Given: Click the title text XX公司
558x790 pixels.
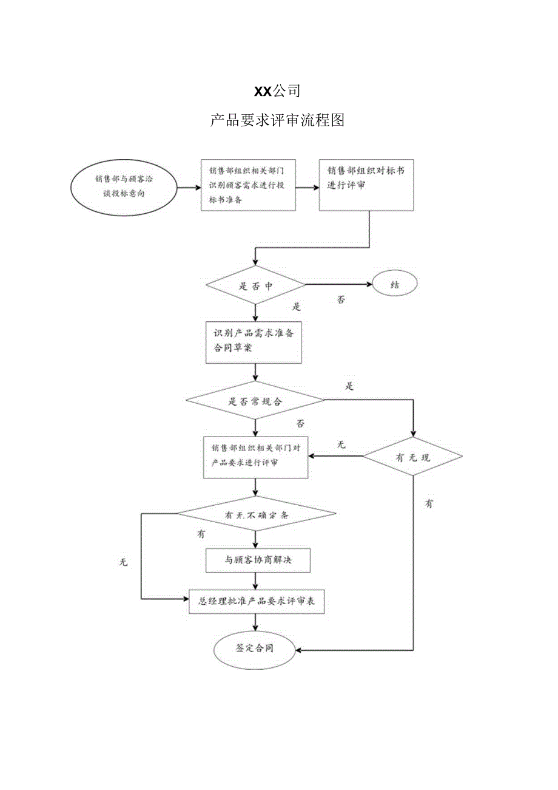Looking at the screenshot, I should point(277,91).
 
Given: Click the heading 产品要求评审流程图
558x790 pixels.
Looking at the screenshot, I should point(277,120).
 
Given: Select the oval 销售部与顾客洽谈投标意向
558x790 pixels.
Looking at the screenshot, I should point(124,186).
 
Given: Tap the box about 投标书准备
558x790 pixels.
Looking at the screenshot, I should point(248,185).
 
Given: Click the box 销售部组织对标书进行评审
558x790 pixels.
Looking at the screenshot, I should point(368,185).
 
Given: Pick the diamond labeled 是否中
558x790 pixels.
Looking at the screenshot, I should point(255,285).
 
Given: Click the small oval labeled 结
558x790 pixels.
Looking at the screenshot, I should point(394,284).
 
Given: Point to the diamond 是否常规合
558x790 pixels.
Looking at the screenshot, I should point(255,401).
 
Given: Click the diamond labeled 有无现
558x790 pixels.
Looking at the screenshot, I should point(412,457).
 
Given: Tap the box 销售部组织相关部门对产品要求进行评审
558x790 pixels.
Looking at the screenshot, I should point(255,456).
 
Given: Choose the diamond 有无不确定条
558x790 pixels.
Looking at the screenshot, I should point(257,514).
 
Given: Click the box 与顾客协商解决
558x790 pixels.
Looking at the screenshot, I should point(258,560).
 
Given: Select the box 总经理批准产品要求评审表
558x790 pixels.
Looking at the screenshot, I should point(257,602).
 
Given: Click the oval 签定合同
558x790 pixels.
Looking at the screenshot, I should point(255,649).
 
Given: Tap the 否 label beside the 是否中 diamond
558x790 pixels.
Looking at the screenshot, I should point(341,299).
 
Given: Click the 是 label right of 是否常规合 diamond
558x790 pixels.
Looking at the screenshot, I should point(349,386).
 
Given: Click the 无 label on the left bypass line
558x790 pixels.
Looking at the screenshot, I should point(124,562).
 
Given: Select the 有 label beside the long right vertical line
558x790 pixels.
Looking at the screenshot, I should point(429,503).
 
